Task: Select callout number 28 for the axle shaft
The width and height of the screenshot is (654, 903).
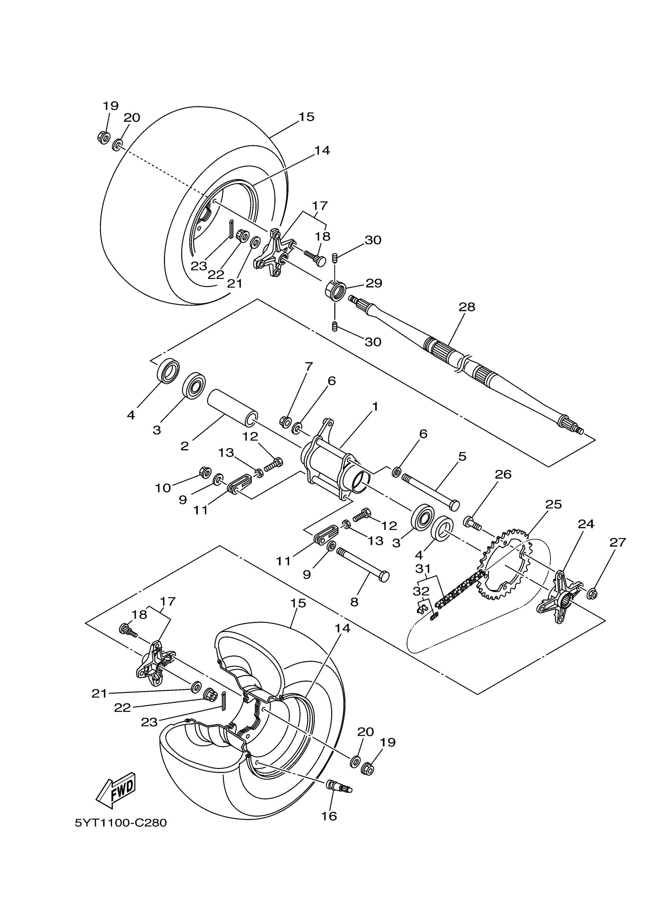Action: coord(467,307)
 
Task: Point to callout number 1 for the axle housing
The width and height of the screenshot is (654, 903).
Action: coord(375,407)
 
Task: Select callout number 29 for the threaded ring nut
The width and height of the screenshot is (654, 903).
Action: coord(374,283)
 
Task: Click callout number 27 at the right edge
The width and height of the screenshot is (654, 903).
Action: coord(617,542)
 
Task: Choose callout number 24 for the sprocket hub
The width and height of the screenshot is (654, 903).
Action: coord(586,524)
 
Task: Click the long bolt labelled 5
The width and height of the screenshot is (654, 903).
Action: coord(430,490)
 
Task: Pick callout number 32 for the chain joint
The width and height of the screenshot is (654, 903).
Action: coord(421,591)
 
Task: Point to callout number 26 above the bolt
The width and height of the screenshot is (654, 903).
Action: coord(503,474)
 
